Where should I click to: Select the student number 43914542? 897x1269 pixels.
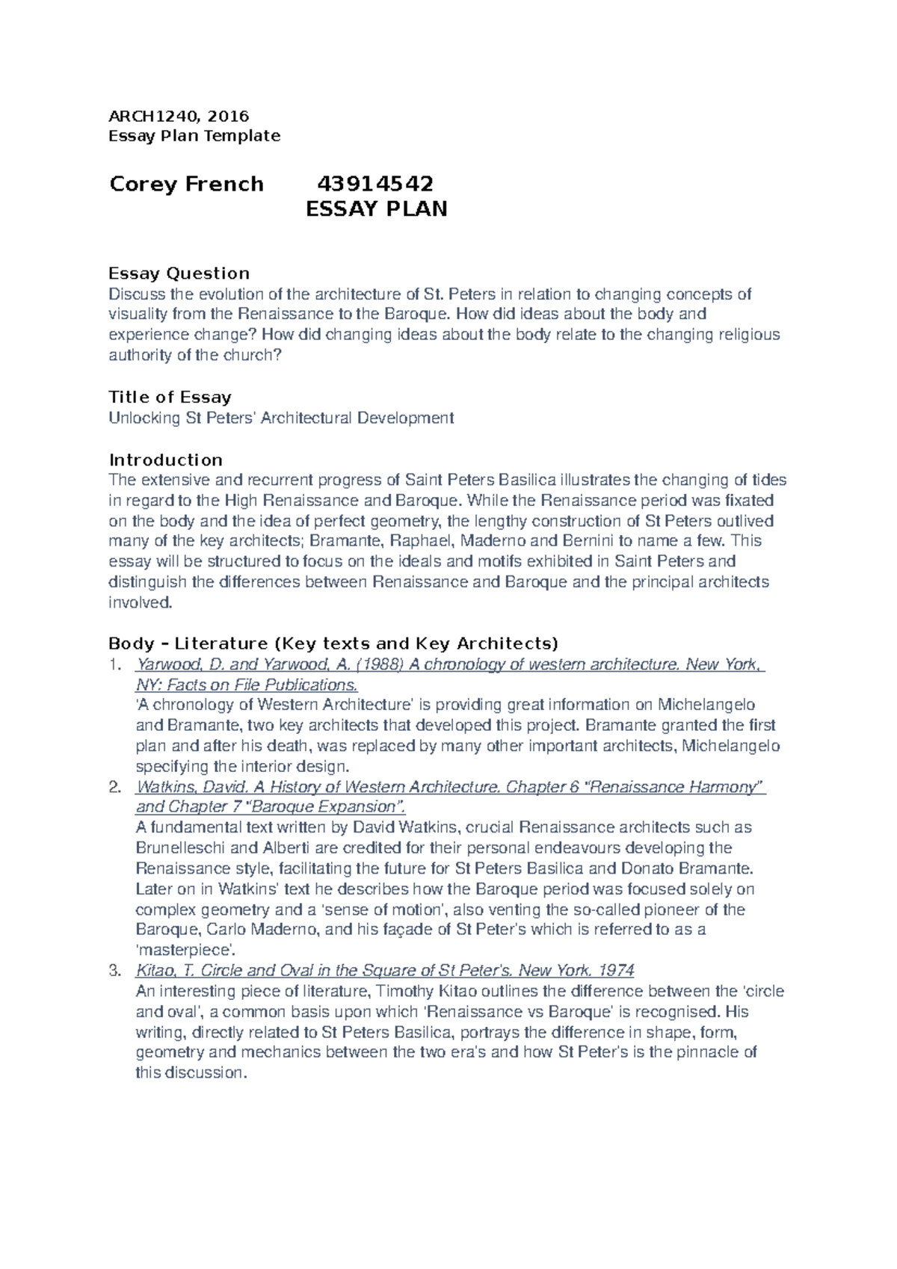click(375, 184)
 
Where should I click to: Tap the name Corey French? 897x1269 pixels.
click(186, 184)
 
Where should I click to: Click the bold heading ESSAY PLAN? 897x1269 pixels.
click(377, 209)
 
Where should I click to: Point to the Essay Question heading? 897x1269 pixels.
click(179, 273)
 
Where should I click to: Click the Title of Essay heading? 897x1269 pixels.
click(170, 397)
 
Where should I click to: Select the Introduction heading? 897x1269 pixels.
click(165, 460)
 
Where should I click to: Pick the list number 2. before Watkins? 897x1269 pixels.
click(114, 787)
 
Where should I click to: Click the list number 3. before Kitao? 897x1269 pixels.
click(114, 971)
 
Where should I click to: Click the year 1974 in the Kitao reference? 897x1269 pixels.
click(617, 971)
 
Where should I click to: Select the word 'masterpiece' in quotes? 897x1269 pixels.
click(185, 951)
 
